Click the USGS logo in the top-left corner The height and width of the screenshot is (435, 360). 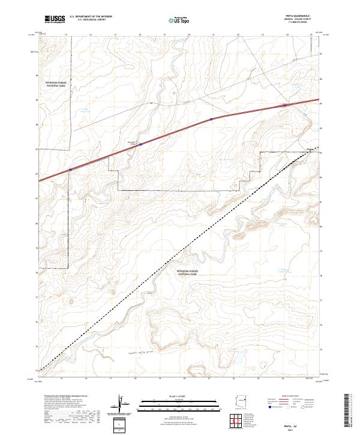click(x=54, y=20)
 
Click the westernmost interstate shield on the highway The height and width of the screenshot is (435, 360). click(x=71, y=170)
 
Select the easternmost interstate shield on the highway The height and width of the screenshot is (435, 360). click(x=285, y=106)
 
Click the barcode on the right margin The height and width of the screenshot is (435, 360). click(x=350, y=410)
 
